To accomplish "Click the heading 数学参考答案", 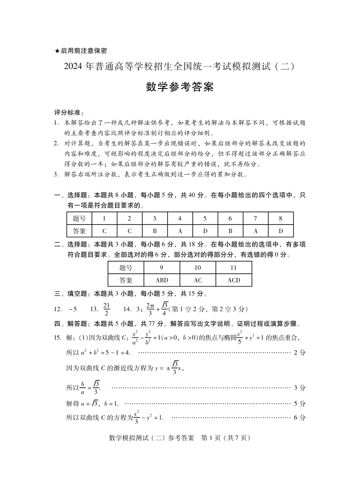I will [180, 88].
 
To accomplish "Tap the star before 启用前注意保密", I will [57, 50].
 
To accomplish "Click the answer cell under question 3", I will [154, 231].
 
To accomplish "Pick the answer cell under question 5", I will [205, 231].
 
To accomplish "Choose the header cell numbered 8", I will [280, 218].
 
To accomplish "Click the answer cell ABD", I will [162, 280].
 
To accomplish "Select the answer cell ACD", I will [234, 280].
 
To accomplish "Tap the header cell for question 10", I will [198, 267].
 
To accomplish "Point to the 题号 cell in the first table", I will [79, 218].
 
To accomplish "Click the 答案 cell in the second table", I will [126, 280].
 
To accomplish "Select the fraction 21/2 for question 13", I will [107, 308].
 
